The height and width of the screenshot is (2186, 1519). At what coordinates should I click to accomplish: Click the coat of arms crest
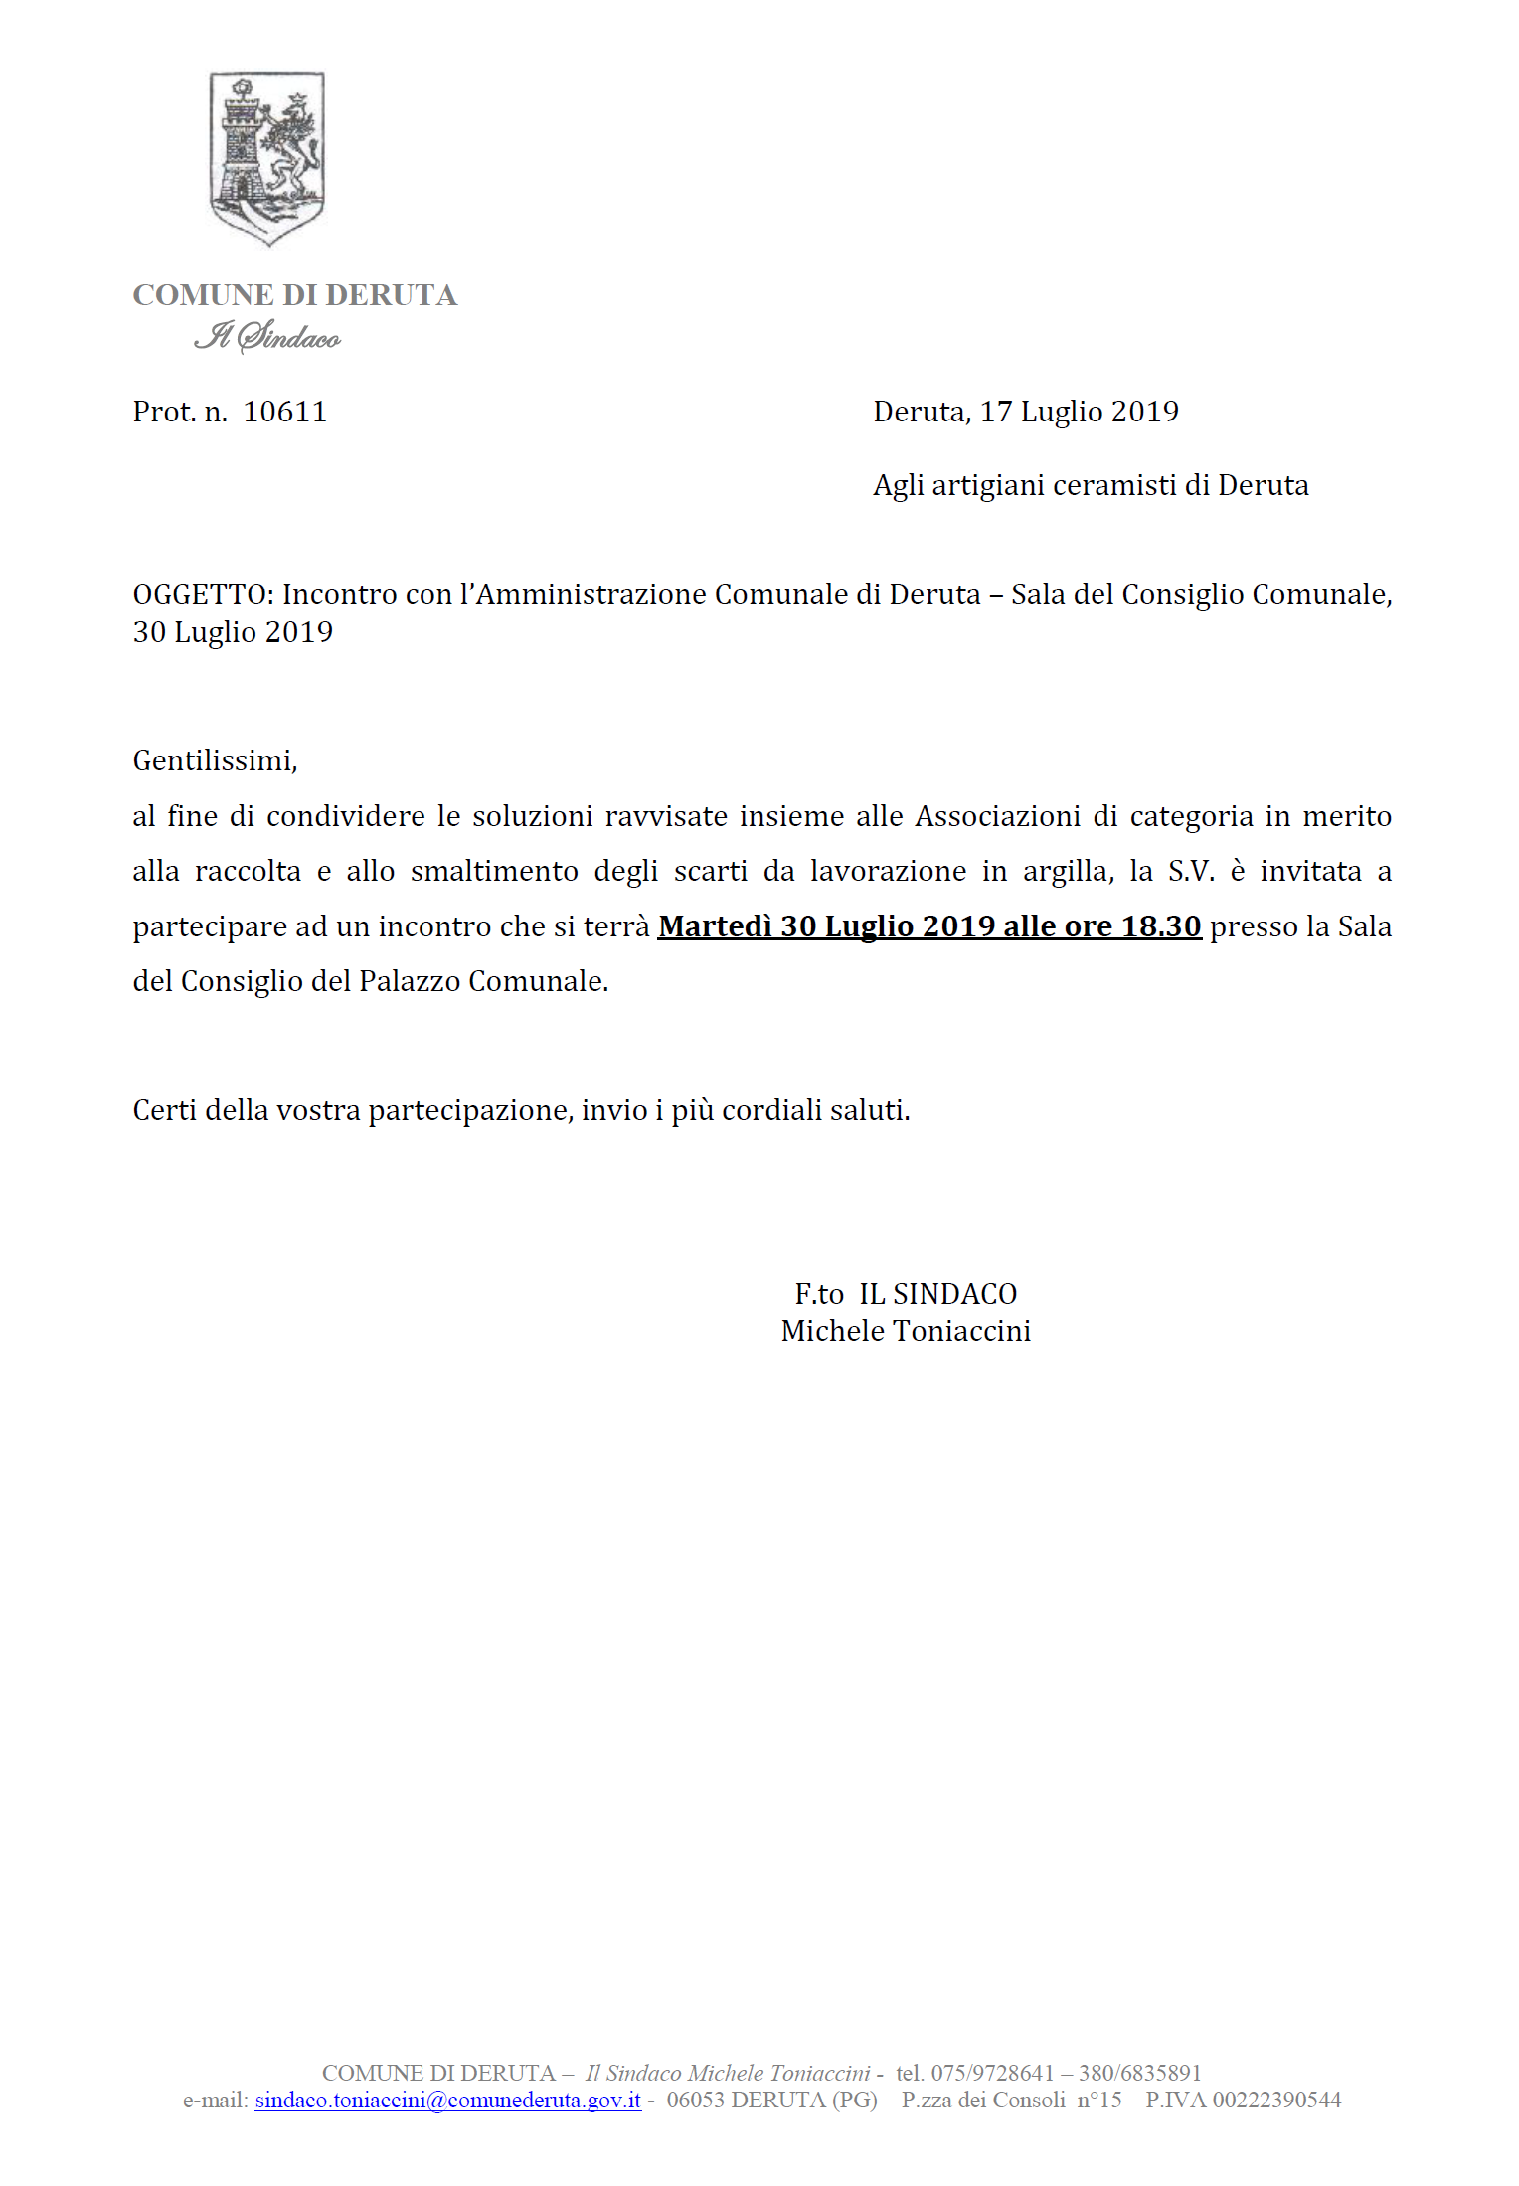(x=266, y=157)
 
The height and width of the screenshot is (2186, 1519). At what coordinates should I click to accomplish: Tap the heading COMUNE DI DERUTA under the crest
(x=294, y=295)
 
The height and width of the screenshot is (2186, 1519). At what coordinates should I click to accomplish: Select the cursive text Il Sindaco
(x=266, y=336)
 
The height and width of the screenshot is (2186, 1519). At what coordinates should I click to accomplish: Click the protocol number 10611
(x=284, y=412)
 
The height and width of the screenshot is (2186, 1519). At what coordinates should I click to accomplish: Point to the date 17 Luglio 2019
(x=1080, y=412)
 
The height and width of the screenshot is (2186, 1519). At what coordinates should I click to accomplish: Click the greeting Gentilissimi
(x=215, y=760)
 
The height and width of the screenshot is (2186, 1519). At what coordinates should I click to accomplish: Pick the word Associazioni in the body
(x=997, y=816)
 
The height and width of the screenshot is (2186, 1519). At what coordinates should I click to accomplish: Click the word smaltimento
(x=494, y=871)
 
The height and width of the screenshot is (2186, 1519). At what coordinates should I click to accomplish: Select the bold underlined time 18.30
(x=1161, y=926)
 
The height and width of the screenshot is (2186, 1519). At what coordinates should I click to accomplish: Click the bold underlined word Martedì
(x=715, y=926)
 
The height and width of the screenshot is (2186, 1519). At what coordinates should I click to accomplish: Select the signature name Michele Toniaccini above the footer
(x=906, y=1331)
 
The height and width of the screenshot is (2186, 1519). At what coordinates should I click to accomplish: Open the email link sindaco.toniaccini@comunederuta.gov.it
(x=447, y=2100)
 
